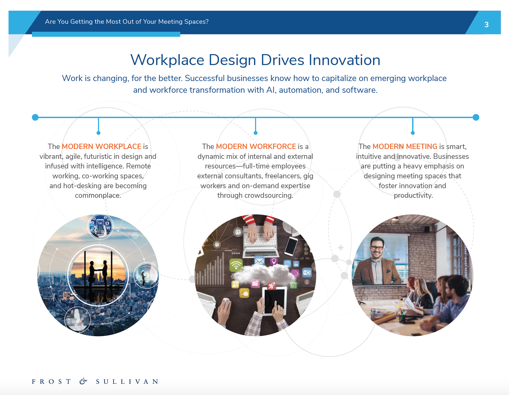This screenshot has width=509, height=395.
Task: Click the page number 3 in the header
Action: pos(486,25)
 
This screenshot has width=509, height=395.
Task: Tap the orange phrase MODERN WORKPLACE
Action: pos(101,146)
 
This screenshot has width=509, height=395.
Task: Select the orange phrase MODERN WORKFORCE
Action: pos(256,146)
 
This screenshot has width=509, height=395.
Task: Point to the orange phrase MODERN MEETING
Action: pos(405,146)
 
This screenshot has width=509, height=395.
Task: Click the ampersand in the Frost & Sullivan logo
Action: pos(83,381)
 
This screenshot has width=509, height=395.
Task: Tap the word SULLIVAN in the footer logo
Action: pos(127,382)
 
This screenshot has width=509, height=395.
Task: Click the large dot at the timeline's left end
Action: pos(35,117)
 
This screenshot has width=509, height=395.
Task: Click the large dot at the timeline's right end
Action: pos(476,117)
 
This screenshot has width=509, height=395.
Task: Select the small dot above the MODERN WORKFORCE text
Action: pos(256,133)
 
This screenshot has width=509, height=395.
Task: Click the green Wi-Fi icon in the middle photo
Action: pos(236,265)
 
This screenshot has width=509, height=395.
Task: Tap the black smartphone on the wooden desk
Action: pos(291,246)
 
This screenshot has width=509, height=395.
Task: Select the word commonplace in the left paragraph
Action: pos(98,195)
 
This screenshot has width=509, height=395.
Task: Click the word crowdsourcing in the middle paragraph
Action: pos(269,195)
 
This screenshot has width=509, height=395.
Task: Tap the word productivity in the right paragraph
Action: pos(413,195)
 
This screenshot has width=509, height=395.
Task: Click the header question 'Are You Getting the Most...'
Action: pos(127,22)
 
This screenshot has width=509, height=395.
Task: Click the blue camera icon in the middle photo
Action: pos(307,273)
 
